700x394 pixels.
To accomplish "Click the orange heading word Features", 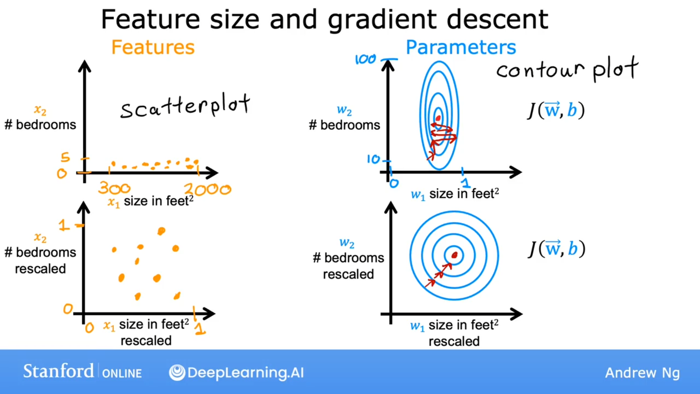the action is [153, 47].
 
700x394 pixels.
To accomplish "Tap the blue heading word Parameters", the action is [461, 47].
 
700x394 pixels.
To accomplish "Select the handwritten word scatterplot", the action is [185, 106].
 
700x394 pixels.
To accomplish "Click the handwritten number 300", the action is [114, 188].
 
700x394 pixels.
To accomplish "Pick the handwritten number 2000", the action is [208, 189].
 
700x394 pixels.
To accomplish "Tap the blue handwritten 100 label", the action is [365, 59].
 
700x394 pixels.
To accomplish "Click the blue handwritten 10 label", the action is [373, 159].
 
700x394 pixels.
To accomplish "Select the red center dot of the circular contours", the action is [454, 255].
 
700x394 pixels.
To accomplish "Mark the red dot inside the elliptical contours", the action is [438, 118].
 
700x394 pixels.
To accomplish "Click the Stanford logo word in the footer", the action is [59, 371].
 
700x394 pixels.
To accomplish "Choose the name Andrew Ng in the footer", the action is [642, 373].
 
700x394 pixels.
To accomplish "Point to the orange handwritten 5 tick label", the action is [65, 157].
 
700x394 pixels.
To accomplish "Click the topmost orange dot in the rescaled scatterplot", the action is [161, 231].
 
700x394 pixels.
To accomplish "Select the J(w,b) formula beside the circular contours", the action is [556, 249].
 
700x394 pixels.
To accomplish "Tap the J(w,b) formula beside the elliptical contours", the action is [556, 110].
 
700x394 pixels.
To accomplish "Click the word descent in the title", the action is [497, 20].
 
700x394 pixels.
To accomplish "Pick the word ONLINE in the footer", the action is [122, 373].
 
